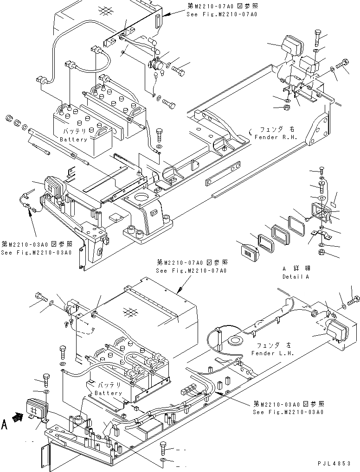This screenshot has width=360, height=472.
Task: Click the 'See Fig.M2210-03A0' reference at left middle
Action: [36, 249]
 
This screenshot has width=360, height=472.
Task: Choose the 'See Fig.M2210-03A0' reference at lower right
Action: [288, 408]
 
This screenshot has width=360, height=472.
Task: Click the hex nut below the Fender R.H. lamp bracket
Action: [287, 109]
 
